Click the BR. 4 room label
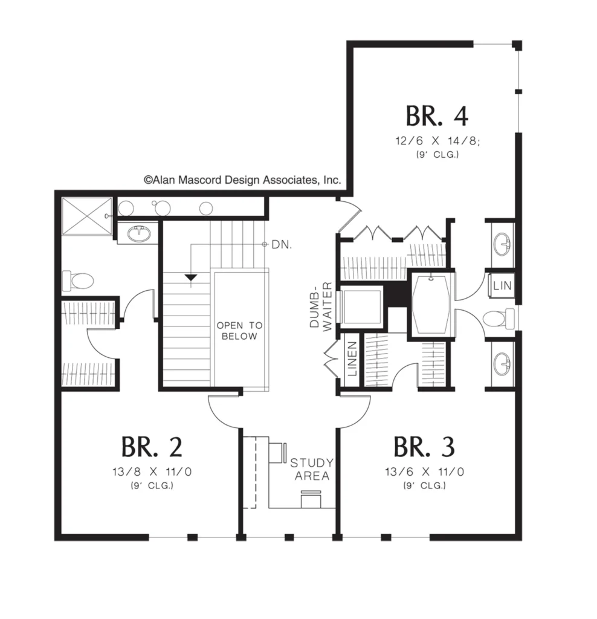[x=437, y=115]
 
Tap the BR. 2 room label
[x=152, y=447]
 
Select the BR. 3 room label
[x=424, y=447]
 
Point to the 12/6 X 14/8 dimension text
[x=437, y=140]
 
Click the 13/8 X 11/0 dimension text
[x=152, y=472]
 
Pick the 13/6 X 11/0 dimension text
[x=425, y=472]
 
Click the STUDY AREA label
[x=312, y=469]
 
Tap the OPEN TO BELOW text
[x=239, y=331]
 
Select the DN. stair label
[x=282, y=245]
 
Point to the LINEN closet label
[x=352, y=359]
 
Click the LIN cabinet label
[x=502, y=285]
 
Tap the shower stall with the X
[x=87, y=216]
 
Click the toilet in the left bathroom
[x=78, y=281]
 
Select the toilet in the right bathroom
[x=499, y=319]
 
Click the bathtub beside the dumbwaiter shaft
[x=431, y=305]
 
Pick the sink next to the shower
[x=139, y=234]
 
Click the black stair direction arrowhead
[x=191, y=277]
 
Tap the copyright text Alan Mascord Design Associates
[x=242, y=180]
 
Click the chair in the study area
[x=311, y=499]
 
